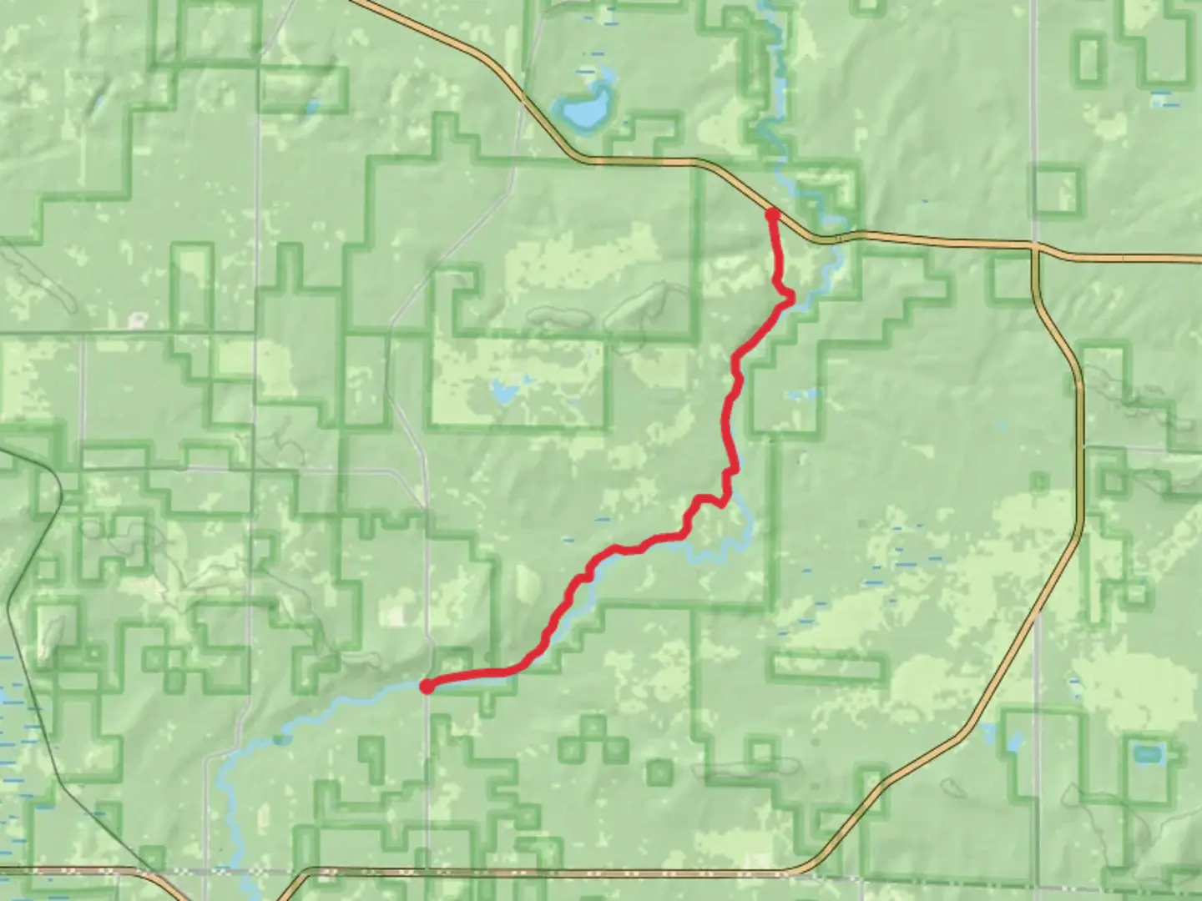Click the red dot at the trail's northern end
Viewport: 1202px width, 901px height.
(772, 214)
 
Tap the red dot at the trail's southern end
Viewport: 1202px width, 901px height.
(427, 687)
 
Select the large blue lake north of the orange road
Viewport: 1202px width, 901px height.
(584, 111)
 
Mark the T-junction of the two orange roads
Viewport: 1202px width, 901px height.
(1034, 247)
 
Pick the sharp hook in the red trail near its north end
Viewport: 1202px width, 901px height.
(786, 297)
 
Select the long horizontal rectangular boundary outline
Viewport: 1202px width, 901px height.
(826, 667)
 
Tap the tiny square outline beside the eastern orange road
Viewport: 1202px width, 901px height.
(1039, 481)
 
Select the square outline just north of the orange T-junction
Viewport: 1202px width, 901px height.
(1056, 190)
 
